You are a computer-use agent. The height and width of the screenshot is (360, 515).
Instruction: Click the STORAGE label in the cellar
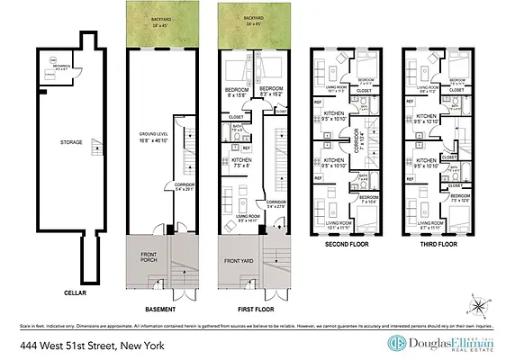point(73,142)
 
